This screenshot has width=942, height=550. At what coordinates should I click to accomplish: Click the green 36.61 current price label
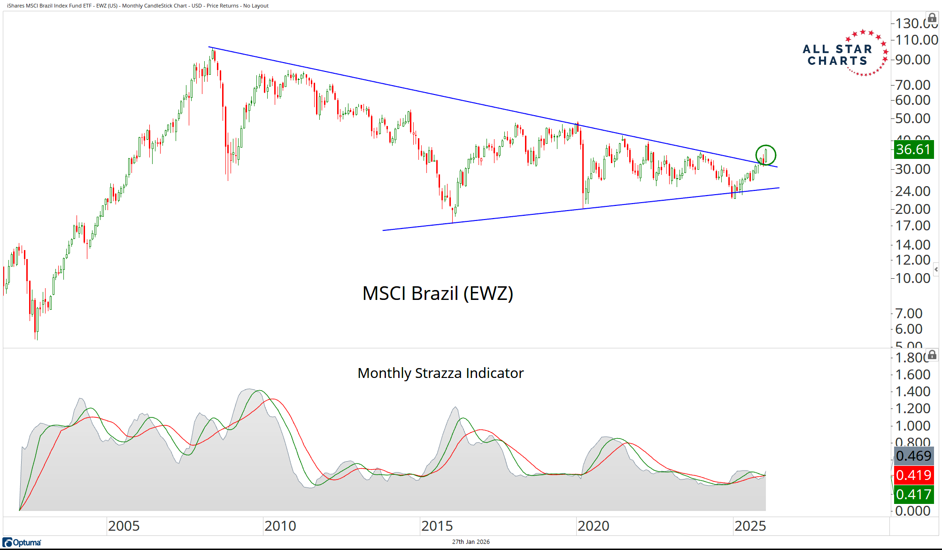pyautogui.click(x=912, y=149)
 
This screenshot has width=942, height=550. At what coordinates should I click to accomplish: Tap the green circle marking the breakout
pyautogui.click(x=765, y=155)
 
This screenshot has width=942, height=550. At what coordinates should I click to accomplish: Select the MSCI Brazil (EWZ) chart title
pyautogui.click(x=438, y=293)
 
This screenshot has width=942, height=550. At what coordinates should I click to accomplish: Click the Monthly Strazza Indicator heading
pyautogui.click(x=440, y=373)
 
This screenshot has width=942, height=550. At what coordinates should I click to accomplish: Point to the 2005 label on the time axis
pyautogui.click(x=124, y=526)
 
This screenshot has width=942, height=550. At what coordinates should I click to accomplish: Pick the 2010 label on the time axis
pyautogui.click(x=280, y=526)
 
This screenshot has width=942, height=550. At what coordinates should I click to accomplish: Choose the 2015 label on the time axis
pyautogui.click(x=437, y=526)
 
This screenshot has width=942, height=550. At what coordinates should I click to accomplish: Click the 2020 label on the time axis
pyautogui.click(x=594, y=526)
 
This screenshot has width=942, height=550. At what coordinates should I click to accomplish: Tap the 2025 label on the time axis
pyautogui.click(x=750, y=526)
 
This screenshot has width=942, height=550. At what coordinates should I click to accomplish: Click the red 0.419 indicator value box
pyautogui.click(x=913, y=475)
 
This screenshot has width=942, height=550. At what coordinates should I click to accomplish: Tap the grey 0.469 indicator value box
pyautogui.click(x=913, y=456)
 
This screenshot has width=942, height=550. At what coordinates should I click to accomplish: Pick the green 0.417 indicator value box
pyautogui.click(x=913, y=495)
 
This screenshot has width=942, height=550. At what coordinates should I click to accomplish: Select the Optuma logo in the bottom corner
pyautogui.click(x=22, y=542)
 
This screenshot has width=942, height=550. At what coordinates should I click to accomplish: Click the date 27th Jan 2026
pyautogui.click(x=471, y=542)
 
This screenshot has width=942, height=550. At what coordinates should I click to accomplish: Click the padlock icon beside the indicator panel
pyautogui.click(x=932, y=354)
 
